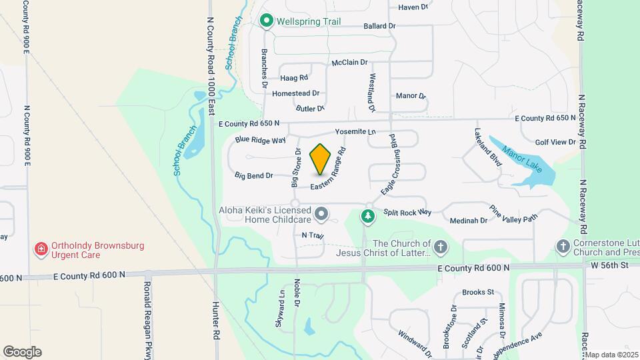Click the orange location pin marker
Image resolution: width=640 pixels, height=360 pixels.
321,159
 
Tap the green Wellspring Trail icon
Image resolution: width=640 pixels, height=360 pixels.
267,21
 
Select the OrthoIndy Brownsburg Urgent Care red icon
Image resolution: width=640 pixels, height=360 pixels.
41,250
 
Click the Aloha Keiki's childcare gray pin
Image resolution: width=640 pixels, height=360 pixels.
322,214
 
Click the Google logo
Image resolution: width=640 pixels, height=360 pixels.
22,351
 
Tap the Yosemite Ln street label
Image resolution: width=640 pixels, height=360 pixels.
355,132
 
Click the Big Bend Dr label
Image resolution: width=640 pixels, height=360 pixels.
254,176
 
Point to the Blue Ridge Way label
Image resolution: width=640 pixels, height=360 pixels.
260,140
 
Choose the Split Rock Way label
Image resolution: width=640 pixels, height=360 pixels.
407,212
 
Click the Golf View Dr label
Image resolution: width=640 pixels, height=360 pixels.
555,142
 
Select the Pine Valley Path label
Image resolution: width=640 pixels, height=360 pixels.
513,213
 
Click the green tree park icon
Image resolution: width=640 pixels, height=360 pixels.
367,215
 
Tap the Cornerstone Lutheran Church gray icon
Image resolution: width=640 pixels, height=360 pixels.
563,247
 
